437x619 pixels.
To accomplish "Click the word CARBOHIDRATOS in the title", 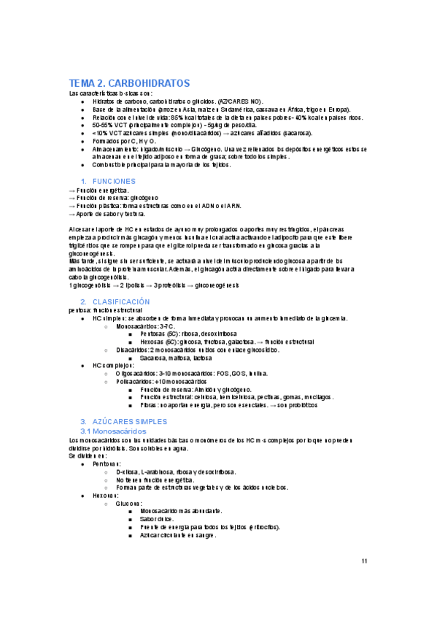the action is click(150, 82).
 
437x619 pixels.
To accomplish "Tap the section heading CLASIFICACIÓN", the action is click(120, 301).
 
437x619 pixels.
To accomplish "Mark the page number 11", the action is click(365, 561).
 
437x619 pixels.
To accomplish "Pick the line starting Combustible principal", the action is click(161, 165).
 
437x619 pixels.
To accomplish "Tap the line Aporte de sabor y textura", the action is click(107, 214).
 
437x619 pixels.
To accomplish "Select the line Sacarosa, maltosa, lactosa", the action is click(176, 358).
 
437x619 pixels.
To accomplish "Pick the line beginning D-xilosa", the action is click(176, 472).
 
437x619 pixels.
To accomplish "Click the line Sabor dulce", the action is click(161, 519).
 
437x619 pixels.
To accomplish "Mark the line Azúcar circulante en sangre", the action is click(178, 535).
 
